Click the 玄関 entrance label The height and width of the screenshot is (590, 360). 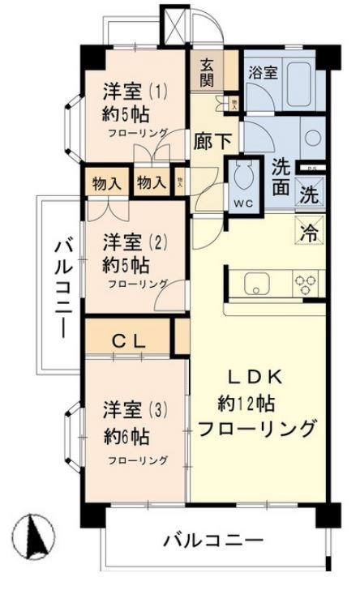click(207, 72)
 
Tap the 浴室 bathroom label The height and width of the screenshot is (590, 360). click(264, 71)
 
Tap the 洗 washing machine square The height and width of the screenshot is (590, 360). click(309, 195)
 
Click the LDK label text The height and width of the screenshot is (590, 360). click(254, 375)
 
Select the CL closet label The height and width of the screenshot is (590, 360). click(128, 341)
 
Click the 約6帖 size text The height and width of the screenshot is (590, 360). click(126, 438)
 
